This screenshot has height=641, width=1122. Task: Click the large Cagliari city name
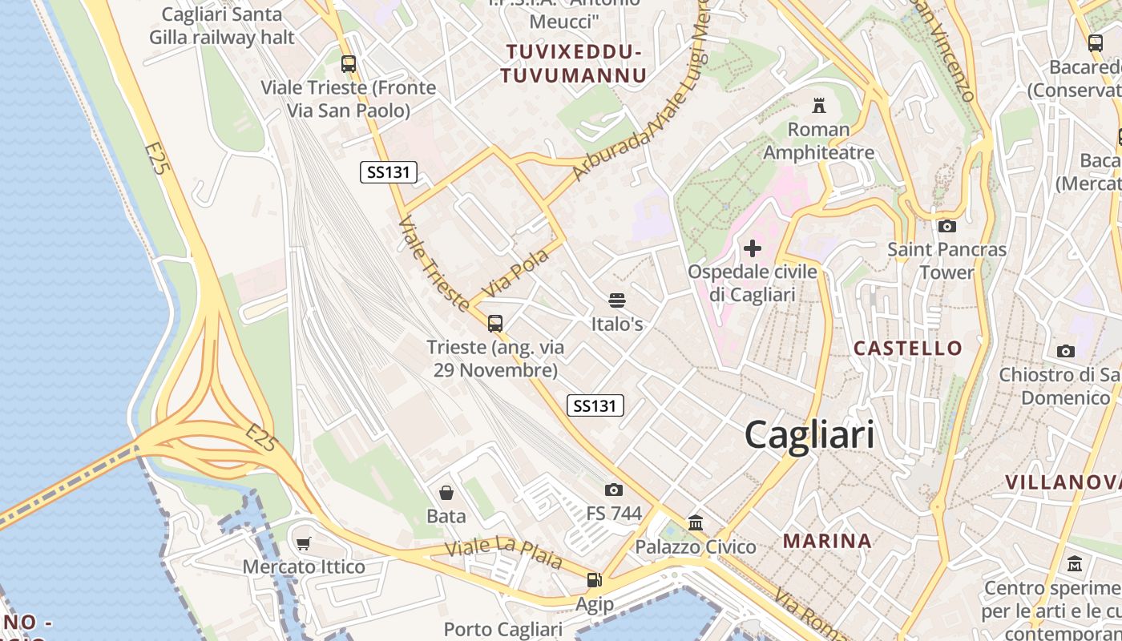809,435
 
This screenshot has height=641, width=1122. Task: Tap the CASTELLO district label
907,348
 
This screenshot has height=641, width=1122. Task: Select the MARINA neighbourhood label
827,541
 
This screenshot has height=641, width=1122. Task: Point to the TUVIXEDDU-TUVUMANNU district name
574,64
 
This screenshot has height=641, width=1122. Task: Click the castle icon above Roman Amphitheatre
818,105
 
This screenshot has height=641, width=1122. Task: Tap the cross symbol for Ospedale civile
753,248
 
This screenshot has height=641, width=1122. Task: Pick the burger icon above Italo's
616,300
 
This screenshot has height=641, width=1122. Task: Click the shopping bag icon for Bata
446,492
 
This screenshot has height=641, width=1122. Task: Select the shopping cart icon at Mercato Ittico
304,544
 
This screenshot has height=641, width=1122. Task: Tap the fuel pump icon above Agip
594,580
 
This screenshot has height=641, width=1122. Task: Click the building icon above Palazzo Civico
696,523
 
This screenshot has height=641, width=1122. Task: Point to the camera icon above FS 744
614,490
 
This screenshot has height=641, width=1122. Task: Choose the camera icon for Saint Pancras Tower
946,226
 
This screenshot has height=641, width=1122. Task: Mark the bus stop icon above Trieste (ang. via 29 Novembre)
495,323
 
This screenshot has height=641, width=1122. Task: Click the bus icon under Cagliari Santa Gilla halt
348,63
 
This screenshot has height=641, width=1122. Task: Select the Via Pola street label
516,273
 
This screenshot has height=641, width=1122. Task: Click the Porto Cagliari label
503,630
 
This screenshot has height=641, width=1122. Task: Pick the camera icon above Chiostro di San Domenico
1065,351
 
